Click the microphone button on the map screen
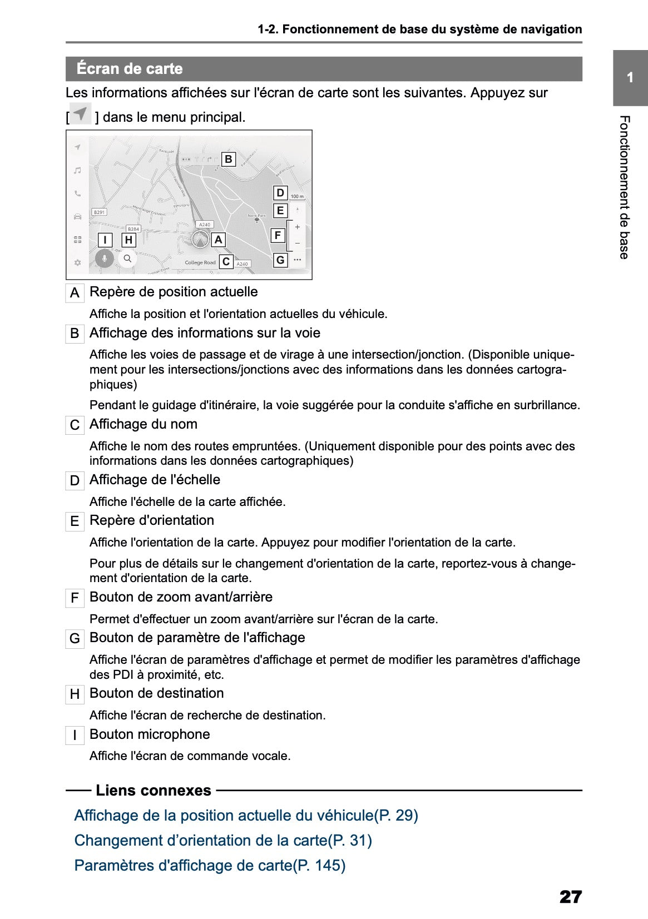click(x=104, y=259)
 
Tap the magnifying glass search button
click(x=128, y=259)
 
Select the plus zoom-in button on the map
click(x=298, y=227)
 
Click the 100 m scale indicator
click(x=297, y=196)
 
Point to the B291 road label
click(x=99, y=212)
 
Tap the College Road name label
click(x=200, y=262)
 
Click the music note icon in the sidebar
click(x=78, y=170)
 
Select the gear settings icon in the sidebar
click(x=78, y=262)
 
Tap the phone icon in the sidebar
click(x=78, y=193)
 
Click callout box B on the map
click(x=228, y=160)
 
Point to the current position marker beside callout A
click(x=200, y=240)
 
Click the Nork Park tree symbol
click(x=256, y=220)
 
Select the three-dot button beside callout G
click(x=298, y=260)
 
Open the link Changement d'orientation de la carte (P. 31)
click(x=223, y=840)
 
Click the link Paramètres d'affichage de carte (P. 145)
click(x=210, y=865)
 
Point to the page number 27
click(x=570, y=897)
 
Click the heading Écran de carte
click(x=130, y=69)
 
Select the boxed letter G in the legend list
click(x=75, y=639)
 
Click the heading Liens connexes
click(x=154, y=790)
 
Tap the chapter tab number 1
click(x=630, y=78)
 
